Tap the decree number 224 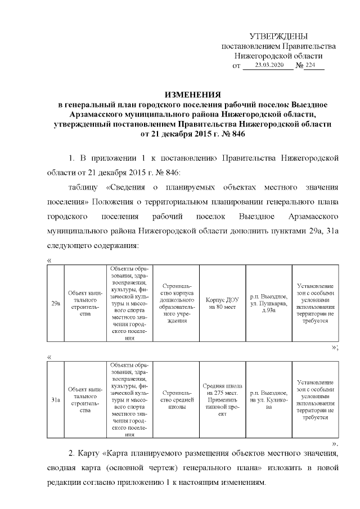coord(311,66)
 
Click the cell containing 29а coord(56,303)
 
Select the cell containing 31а coord(56,400)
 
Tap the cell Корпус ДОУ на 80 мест coord(223,303)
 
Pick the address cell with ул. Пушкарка coord(268,303)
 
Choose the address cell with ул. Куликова coord(268,400)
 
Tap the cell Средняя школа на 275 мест coord(223,400)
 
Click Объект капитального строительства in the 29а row coord(85,303)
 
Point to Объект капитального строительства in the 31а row coord(85,400)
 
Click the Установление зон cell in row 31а coord(315,400)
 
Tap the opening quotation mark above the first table coord(50,260)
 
